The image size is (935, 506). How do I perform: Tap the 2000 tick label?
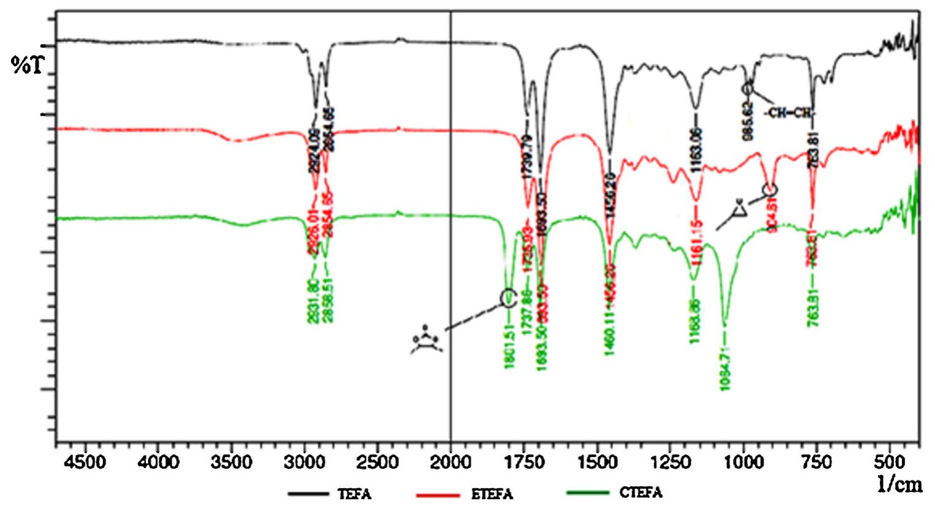point(450,461)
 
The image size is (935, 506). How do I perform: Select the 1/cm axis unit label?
point(900,485)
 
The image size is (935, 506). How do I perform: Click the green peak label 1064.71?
point(725,367)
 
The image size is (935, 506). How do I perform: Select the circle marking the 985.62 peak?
point(748,89)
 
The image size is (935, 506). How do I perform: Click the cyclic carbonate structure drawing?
point(427,342)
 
